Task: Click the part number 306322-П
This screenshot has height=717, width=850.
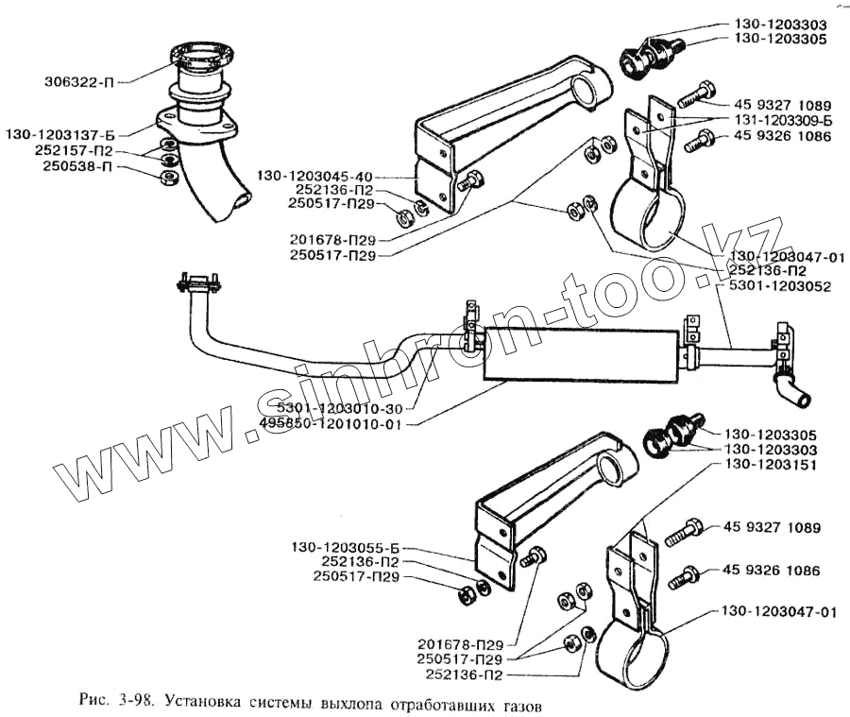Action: (x=81, y=80)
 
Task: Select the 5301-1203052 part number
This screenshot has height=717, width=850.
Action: (x=780, y=285)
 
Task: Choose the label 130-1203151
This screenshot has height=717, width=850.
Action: (x=770, y=466)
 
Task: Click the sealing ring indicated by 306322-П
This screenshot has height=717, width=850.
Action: (x=195, y=60)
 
